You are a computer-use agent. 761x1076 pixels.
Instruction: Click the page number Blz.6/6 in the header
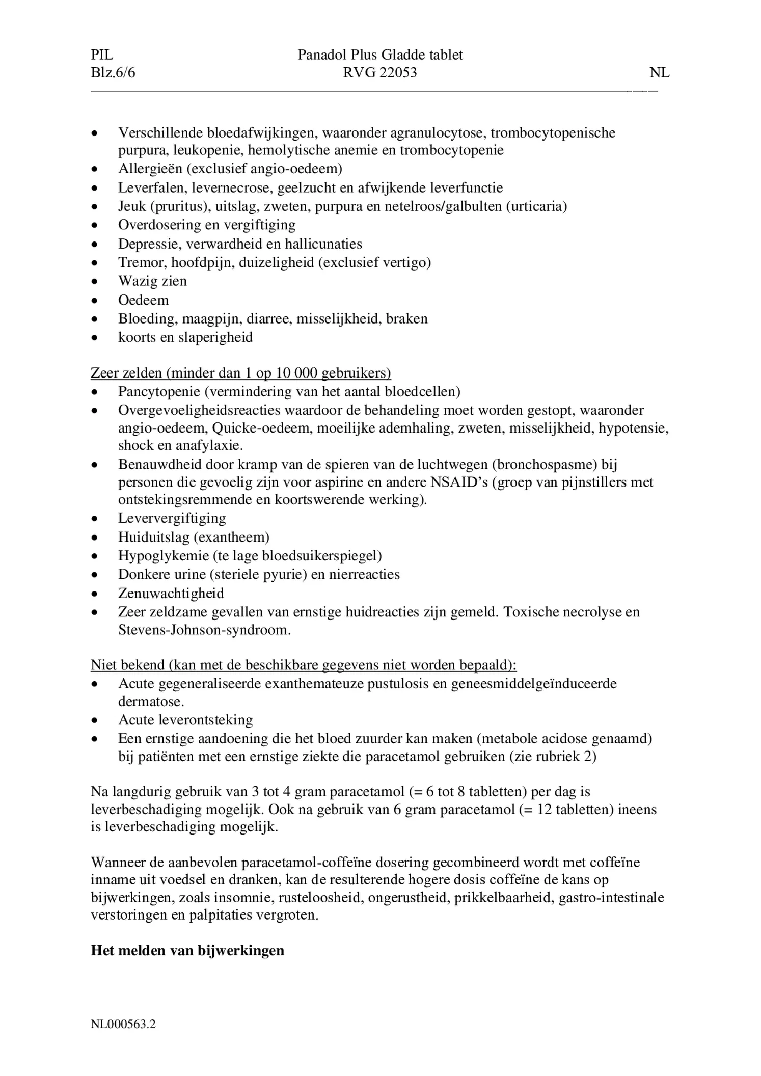113,73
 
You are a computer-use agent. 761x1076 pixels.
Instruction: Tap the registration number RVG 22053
380,73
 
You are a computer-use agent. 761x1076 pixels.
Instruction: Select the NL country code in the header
659,73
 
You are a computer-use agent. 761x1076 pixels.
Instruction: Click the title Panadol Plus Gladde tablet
380,55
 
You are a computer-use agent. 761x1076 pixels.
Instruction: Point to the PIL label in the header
102,55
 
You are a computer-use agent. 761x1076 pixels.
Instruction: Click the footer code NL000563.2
123,1024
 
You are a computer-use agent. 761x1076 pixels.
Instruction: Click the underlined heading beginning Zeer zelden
240,373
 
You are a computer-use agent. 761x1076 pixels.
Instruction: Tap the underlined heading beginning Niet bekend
304,665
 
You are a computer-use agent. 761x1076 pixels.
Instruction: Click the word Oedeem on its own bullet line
143,300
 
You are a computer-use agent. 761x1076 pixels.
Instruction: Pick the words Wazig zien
152,281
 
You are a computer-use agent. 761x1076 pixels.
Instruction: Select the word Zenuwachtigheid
171,593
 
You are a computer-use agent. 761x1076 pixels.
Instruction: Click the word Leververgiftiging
172,518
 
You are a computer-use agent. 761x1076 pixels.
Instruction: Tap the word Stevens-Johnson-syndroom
204,630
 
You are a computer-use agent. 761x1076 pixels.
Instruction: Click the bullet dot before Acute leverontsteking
94,720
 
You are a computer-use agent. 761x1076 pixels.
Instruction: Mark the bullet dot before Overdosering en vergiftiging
94,225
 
